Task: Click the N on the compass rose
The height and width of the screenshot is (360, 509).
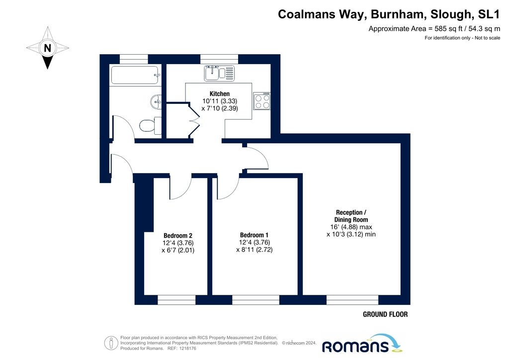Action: click(x=47, y=48)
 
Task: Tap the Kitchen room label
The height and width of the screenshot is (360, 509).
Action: click(x=219, y=94)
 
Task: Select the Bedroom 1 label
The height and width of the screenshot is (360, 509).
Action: click(x=254, y=235)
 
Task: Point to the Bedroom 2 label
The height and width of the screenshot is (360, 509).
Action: click(x=178, y=236)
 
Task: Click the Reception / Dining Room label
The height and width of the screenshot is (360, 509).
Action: click(x=351, y=216)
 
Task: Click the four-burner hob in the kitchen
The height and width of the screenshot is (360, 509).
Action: click(x=261, y=100)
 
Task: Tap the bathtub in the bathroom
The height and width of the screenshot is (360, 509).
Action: click(x=135, y=75)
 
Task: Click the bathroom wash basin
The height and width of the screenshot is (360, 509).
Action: click(x=156, y=101)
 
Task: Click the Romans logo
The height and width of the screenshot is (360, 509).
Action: click(x=361, y=344)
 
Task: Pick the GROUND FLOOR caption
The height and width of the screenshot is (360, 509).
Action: click(x=385, y=314)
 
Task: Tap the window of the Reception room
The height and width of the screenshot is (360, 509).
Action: click(x=352, y=300)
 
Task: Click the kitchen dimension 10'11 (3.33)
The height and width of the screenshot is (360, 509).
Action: click(x=220, y=101)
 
